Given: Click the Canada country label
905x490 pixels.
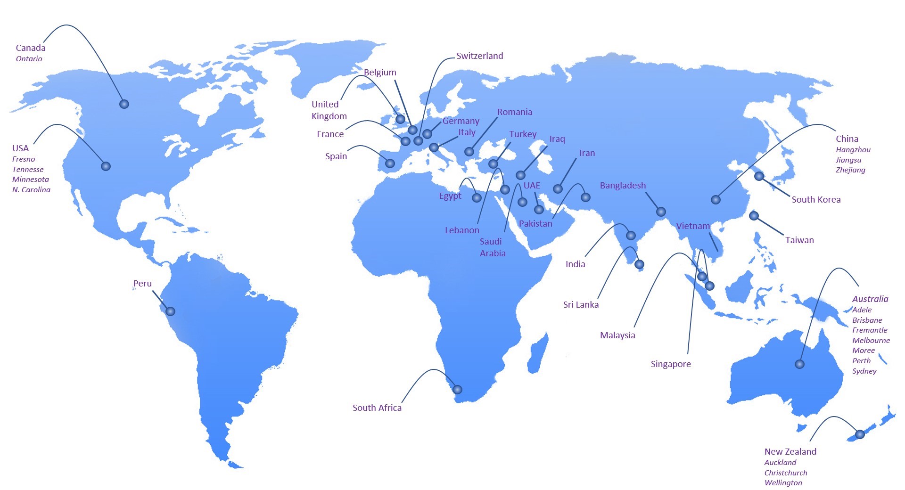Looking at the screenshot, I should point(31,48).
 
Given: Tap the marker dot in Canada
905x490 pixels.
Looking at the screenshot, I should point(124,104).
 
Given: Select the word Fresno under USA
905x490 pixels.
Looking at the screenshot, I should point(24,159).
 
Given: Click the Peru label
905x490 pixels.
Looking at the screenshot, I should point(142,284).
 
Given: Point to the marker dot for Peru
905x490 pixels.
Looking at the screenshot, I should point(170,311).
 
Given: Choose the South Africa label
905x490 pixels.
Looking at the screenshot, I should point(377,408).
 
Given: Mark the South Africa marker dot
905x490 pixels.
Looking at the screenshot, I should point(457,390).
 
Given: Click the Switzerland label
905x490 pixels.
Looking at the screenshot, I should point(480,56).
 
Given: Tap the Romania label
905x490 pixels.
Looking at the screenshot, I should point(515,112).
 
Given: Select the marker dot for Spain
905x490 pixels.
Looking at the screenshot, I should point(390,163).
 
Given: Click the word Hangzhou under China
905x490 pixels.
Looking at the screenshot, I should point(853,150).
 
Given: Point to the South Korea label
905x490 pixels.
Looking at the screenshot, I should point(816,200).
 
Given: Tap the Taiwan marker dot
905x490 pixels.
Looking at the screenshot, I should point(754,216).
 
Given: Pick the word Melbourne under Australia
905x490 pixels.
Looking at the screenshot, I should point(871,341).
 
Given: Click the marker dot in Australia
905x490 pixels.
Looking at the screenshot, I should point(799,364).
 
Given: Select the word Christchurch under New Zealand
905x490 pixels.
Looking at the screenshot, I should point(786,473).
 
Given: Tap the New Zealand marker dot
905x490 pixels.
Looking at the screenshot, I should point(860,434).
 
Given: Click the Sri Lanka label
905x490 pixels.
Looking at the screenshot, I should point(581,305).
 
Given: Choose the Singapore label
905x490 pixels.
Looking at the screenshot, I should point(671,364).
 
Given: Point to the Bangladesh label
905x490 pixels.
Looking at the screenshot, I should point(623,186).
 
